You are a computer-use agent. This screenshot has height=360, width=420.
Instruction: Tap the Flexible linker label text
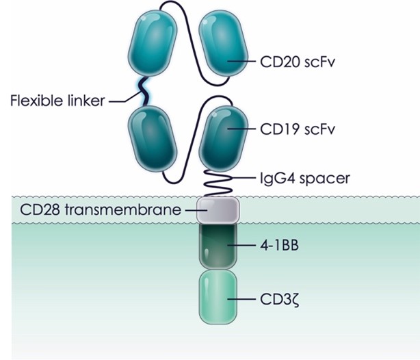[x=57, y=103]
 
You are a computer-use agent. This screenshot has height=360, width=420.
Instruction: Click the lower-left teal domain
[x=153, y=144]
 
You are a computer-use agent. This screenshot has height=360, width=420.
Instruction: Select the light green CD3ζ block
[x=218, y=298]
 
